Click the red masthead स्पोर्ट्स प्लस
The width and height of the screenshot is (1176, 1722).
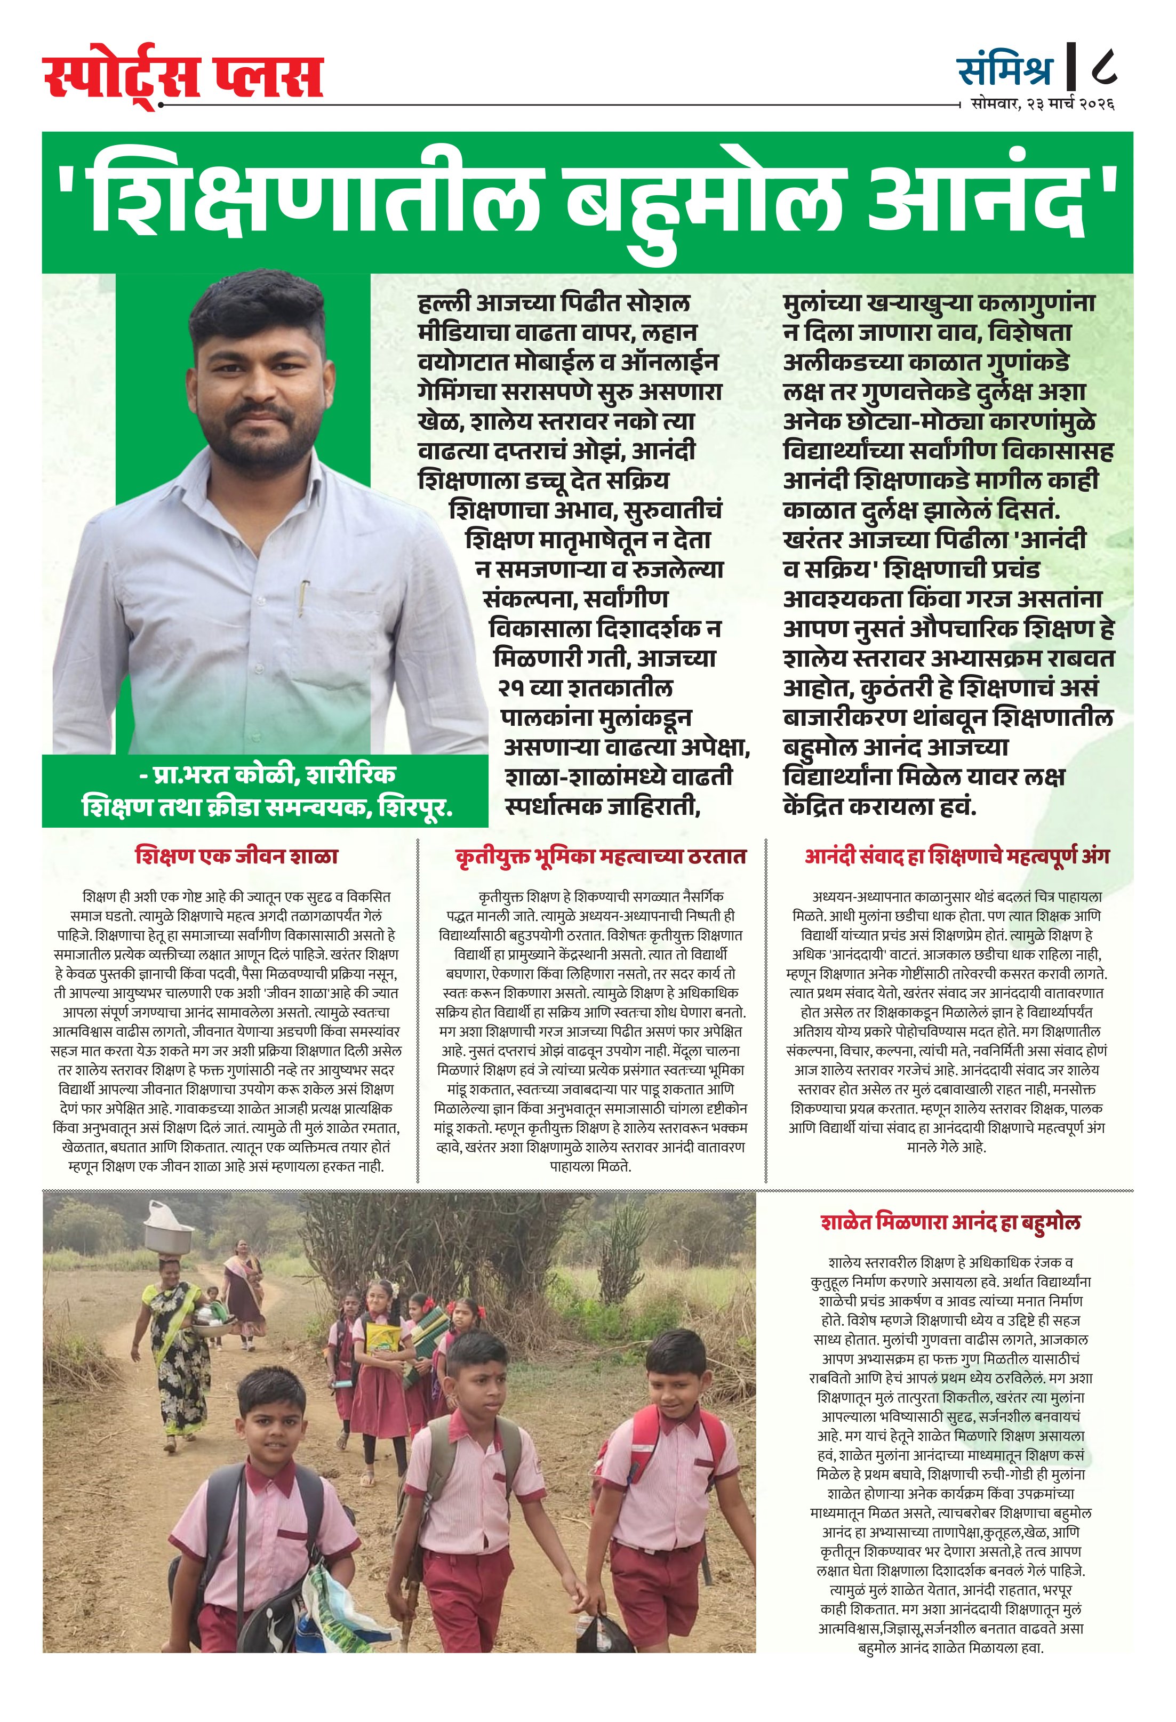(183, 77)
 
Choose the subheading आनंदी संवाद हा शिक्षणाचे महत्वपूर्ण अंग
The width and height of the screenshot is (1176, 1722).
(957, 856)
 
